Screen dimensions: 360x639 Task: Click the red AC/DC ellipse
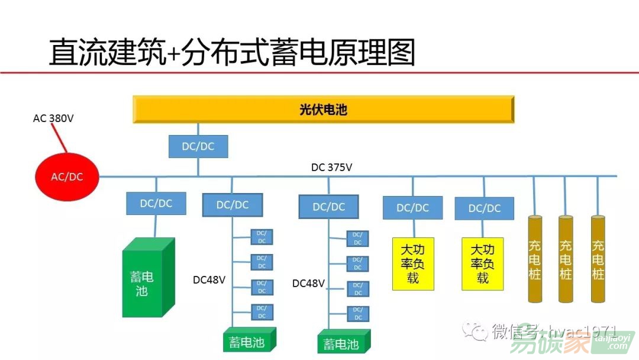pyautogui.click(x=67, y=176)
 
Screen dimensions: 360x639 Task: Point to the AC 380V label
pyautogui.click(x=53, y=118)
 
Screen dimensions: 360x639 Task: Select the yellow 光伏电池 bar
pyautogui.click(x=323, y=110)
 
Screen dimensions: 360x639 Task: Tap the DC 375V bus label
pyautogui.click(x=332, y=168)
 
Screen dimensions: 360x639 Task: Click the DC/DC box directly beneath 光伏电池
pyautogui.click(x=198, y=146)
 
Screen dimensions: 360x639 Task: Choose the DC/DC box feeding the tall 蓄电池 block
pyautogui.click(x=156, y=203)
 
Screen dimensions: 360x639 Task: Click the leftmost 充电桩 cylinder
pyautogui.click(x=534, y=259)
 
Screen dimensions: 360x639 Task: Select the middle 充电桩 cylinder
pyautogui.click(x=566, y=259)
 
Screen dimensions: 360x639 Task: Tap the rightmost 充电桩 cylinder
pyautogui.click(x=598, y=259)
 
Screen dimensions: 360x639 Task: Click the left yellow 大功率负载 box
pyautogui.click(x=413, y=263)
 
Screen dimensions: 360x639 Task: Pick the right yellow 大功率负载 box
pyautogui.click(x=483, y=263)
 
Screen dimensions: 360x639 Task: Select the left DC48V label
pyautogui.click(x=209, y=279)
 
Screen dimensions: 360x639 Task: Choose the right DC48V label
pyautogui.click(x=308, y=284)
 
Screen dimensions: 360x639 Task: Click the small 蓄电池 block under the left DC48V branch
pyautogui.click(x=250, y=340)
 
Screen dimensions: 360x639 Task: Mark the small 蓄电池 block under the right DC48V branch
pyautogui.click(x=343, y=342)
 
